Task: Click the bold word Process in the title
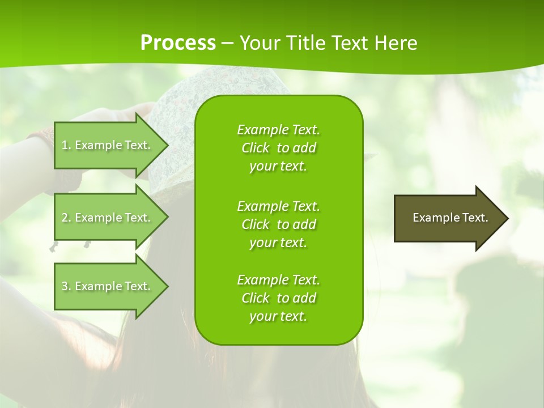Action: coord(178,43)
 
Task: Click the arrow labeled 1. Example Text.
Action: coord(108,145)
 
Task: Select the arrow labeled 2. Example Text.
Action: coord(108,218)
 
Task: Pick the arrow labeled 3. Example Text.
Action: coord(108,286)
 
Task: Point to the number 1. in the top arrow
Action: coord(66,145)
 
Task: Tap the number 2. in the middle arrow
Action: coord(66,218)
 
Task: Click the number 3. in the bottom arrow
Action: coord(66,286)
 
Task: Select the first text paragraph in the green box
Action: coord(278,148)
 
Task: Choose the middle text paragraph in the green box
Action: coord(278,224)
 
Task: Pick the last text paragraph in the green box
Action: coord(278,298)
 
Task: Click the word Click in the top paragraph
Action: coord(256,148)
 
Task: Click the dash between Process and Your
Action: coord(227,43)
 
